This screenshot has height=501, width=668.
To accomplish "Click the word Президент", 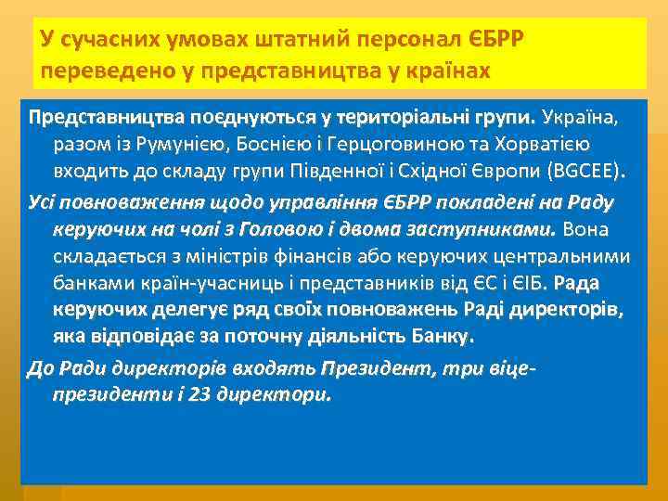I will tap(364, 368).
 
